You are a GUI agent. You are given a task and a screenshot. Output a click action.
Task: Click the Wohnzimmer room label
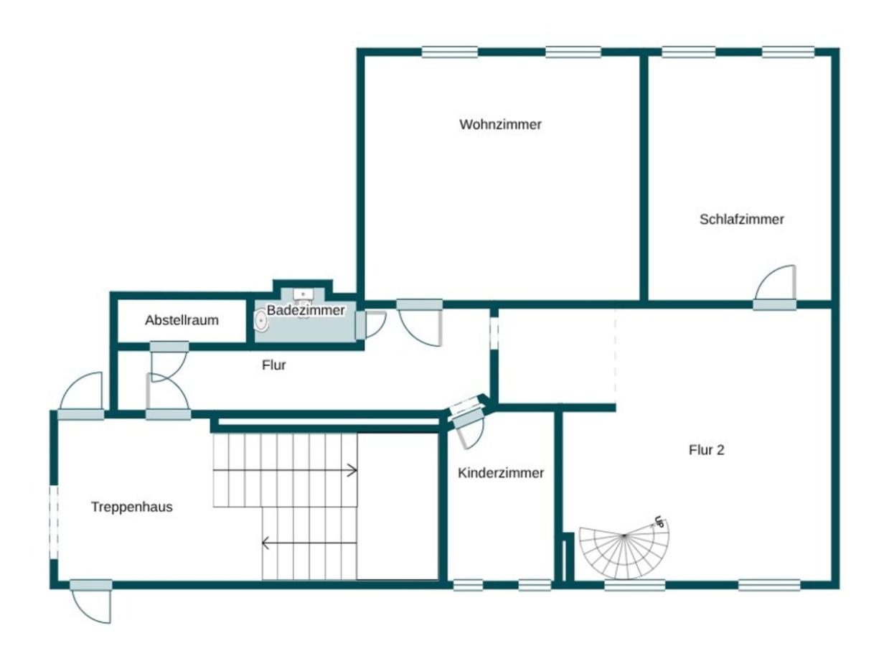500,125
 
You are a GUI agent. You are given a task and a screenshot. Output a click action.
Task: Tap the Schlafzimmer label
741,220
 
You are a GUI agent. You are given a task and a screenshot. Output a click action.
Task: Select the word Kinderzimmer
501,473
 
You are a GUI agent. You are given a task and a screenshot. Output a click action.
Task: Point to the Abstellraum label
182,320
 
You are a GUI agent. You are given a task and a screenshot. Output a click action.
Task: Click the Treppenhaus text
132,507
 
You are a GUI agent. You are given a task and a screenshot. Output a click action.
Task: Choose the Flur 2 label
707,450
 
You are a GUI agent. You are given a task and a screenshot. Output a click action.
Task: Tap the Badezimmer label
306,310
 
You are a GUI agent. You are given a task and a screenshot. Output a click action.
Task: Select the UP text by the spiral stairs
658,523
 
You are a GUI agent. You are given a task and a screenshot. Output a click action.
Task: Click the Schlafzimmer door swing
776,284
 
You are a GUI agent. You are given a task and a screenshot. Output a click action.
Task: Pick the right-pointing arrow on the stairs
351,471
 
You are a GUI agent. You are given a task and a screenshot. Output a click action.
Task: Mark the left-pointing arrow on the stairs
266,543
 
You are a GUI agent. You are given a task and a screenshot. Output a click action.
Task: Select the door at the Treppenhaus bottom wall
92,601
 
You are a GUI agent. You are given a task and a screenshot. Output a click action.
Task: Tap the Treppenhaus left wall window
54,521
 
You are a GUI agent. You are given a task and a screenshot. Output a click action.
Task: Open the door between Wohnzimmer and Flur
420,323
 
